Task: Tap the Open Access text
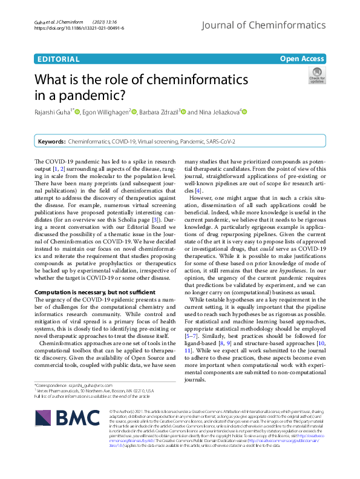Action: [302, 59]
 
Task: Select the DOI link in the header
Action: [79, 28]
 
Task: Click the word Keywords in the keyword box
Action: [51, 141]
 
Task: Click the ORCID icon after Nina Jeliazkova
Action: [244, 112]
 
